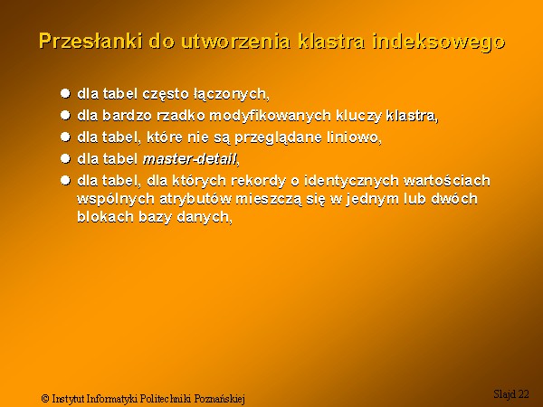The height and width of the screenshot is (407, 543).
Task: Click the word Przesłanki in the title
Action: click(x=90, y=42)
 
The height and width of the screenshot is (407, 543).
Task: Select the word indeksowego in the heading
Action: click(x=439, y=43)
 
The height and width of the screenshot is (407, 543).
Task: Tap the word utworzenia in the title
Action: click(x=235, y=42)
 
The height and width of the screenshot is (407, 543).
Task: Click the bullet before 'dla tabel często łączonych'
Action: click(x=65, y=93)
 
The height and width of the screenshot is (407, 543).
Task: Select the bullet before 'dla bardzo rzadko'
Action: click(x=65, y=115)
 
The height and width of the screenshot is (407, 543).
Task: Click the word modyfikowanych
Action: click(x=270, y=116)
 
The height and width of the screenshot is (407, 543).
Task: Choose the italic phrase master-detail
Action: click(x=190, y=159)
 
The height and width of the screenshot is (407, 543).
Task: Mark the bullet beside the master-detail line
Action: click(x=65, y=158)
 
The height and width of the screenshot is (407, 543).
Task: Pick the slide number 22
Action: click(x=524, y=393)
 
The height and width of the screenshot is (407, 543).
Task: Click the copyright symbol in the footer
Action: click(x=45, y=398)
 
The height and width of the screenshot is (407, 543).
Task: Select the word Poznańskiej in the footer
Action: click(x=219, y=399)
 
